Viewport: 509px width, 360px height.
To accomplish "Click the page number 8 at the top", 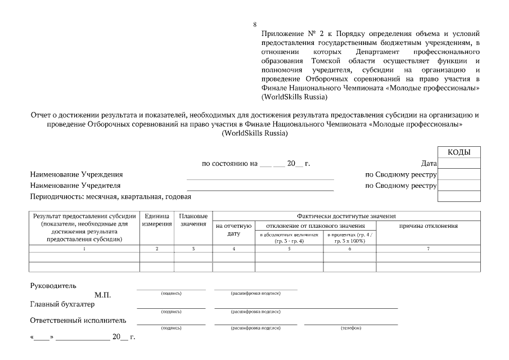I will (x=255, y=24).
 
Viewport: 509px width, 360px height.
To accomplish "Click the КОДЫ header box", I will (x=459, y=152).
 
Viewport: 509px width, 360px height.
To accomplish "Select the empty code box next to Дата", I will (x=459, y=164).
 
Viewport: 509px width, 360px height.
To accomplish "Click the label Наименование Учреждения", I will (x=76, y=174).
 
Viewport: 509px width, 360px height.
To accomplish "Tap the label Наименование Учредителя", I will (x=75, y=186).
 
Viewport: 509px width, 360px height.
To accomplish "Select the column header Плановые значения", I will (x=193, y=220).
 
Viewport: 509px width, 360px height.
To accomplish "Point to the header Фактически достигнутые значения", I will (x=346, y=216).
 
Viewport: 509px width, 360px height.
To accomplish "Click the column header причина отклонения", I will (x=428, y=226).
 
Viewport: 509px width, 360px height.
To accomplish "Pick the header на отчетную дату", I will (x=234, y=229).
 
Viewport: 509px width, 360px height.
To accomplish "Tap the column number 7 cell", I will (x=428, y=248).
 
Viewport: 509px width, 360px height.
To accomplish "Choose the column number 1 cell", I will (x=84, y=248).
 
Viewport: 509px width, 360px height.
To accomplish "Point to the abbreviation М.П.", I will (x=103, y=295).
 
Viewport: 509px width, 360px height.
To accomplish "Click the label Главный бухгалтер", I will (x=62, y=304).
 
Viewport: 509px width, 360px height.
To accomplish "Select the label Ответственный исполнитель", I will (x=78, y=321).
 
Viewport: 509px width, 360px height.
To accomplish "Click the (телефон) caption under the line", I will (x=351, y=328).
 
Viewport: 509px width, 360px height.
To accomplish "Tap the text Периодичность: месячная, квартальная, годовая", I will (x=111, y=197).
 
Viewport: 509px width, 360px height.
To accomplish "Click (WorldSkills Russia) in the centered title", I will (x=254, y=133).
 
